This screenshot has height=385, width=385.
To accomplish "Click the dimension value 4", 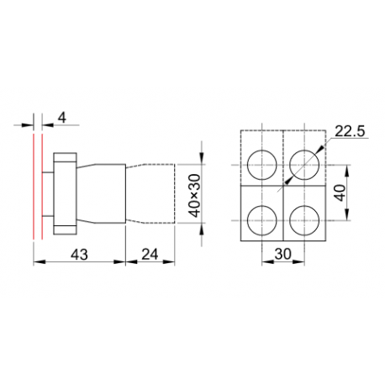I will point(61,118).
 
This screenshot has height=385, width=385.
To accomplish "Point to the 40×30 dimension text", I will point(194,194).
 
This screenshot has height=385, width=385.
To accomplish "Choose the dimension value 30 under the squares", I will point(282,252).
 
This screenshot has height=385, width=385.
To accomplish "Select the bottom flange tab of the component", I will point(66,228).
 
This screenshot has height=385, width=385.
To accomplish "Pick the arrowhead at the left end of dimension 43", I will point(37,261).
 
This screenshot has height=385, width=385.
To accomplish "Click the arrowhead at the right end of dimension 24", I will point(175,261).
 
